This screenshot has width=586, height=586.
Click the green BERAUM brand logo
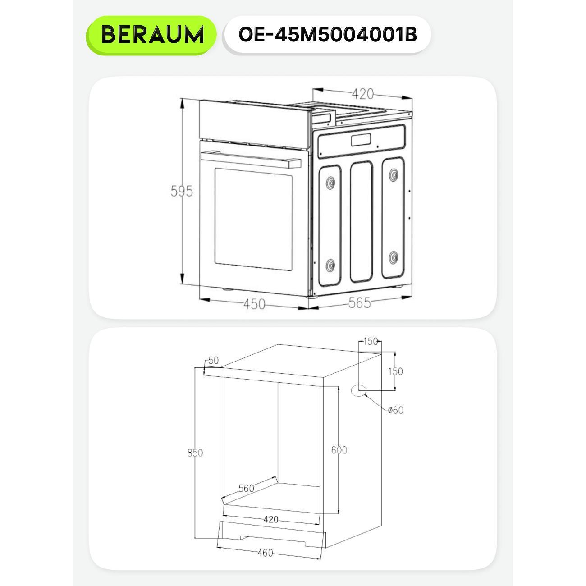pyautogui.click(x=151, y=35)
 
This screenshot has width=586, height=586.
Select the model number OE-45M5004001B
pyautogui.click(x=328, y=35)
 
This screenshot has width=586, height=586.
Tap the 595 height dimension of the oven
pyautogui.click(x=182, y=191)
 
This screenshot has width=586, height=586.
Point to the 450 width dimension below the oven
pyautogui.click(x=254, y=304)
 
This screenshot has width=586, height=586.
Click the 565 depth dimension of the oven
pyautogui.click(x=359, y=303)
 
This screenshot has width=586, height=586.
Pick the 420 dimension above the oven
pyautogui.click(x=362, y=94)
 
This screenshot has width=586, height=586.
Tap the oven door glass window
pyautogui.click(x=253, y=219)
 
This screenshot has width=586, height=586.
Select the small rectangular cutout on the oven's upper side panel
pyautogui.click(x=361, y=140)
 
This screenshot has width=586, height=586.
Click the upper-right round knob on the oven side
pyautogui.click(x=394, y=174)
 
